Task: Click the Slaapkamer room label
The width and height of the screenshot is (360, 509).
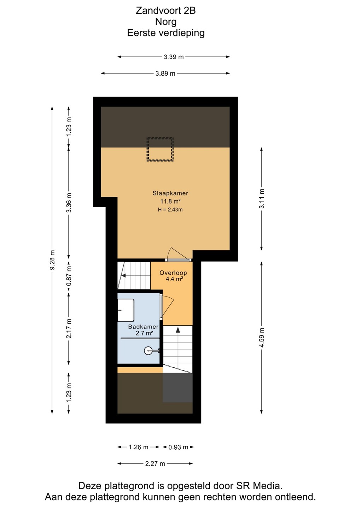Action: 170,193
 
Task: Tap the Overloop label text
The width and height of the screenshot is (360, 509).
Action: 173,273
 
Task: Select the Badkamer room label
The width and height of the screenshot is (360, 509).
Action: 143,327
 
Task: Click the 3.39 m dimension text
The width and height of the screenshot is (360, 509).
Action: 174,57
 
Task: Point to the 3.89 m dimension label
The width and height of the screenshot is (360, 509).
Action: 165,74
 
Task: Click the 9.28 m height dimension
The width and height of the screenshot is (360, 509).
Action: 52,260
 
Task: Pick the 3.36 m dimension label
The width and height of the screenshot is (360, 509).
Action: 69,203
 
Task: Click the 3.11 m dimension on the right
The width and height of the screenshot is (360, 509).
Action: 262,198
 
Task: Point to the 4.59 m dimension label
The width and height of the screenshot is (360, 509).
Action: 262,337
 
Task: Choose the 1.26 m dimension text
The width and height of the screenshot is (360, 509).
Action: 138,447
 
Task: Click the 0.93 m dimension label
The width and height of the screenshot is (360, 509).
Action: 178,447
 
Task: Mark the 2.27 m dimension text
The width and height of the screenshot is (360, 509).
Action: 155,463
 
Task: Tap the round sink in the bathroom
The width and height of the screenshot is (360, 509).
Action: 148,351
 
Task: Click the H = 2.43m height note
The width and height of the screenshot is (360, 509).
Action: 170,210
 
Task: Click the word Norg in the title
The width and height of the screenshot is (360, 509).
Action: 166,22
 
